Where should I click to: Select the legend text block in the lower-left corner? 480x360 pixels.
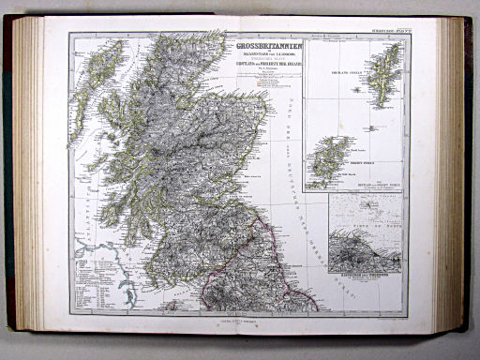(x=93, y=282)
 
